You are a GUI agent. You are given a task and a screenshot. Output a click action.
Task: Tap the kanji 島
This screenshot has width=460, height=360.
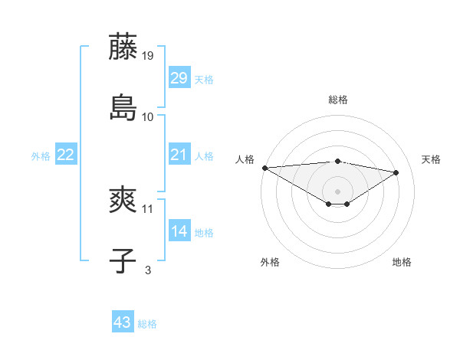click(123, 106)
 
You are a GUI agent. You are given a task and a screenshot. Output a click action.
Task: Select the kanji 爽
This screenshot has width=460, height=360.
click(123, 202)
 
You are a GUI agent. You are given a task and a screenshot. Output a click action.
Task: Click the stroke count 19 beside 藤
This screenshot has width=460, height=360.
click(148, 56)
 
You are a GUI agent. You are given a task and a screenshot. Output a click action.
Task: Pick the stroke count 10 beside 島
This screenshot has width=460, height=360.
click(148, 116)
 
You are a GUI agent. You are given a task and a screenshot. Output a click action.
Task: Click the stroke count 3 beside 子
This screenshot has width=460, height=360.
click(148, 270)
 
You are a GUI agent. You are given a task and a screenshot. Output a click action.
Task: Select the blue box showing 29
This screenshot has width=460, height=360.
click(179, 78)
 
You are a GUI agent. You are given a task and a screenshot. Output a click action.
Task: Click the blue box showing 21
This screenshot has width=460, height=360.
click(179, 155)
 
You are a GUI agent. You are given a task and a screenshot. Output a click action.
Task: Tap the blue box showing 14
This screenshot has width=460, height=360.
click(179, 231)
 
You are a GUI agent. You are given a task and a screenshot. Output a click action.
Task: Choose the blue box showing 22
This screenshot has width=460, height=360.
click(65, 155)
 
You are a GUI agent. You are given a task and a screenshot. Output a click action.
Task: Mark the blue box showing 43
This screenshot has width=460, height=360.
click(123, 322)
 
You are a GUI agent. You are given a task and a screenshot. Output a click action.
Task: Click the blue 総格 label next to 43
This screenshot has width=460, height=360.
click(147, 324)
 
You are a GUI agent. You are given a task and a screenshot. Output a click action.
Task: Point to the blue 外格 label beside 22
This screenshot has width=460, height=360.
click(41, 156)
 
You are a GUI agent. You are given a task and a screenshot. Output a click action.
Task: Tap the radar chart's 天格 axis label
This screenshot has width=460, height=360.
click(431, 159)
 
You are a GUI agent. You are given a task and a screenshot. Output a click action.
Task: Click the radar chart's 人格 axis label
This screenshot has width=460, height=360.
click(245, 159)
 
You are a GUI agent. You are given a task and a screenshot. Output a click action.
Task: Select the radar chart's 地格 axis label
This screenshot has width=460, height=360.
click(402, 263)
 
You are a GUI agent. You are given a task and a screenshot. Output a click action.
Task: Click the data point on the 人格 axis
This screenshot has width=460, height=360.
click(264, 168)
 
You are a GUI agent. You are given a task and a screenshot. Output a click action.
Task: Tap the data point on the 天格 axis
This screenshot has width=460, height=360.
click(396, 172)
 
